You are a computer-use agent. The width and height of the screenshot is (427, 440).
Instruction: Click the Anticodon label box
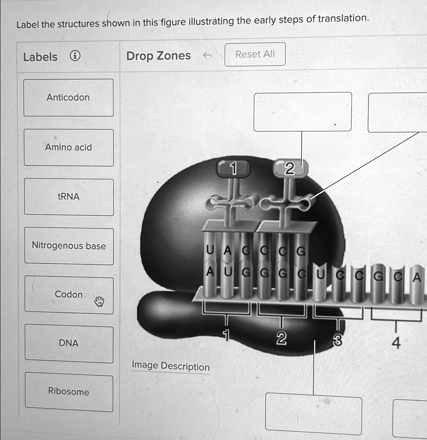[68, 98]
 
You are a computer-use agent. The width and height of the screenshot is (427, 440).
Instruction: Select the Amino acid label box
[68, 147]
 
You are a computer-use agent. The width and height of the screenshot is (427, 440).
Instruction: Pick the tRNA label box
[68, 197]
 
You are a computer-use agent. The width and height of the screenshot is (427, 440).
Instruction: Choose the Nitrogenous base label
[68, 246]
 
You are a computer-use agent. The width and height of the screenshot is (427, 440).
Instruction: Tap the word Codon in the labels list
[68, 294]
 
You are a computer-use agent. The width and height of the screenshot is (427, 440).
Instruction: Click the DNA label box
[68, 343]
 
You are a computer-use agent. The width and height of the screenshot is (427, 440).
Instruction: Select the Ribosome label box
[68, 391]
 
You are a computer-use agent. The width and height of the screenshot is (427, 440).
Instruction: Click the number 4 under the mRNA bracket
[396, 343]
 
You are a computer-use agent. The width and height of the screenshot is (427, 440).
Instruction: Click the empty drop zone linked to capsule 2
[302, 112]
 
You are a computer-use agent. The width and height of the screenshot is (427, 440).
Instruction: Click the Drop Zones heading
[158, 56]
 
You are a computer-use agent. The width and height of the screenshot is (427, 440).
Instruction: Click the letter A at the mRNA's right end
[416, 278]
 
